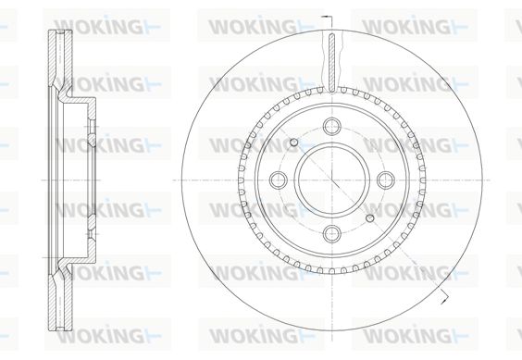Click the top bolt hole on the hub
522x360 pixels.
pos(332,126)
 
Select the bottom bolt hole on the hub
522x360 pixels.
pos(332,233)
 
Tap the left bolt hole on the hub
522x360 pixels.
pos(279,180)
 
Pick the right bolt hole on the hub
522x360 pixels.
pos(386,180)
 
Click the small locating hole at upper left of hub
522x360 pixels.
pos(293,143)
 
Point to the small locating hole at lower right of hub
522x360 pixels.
pos(370,218)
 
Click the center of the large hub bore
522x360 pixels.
pos(332,180)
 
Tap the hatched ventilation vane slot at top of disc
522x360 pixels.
pos(332,63)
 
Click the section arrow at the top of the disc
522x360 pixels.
pos(327,16)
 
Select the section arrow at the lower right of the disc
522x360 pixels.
pos(443,297)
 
